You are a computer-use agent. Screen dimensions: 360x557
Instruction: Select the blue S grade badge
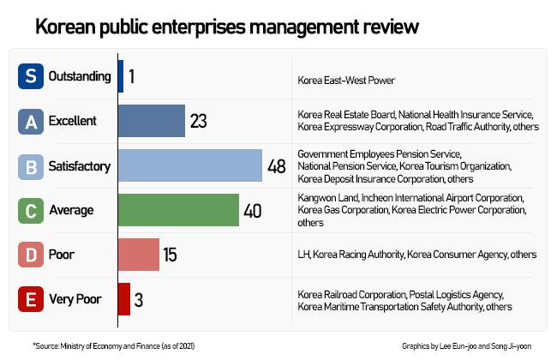(x=31, y=76)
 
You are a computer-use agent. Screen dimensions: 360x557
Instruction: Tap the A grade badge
(x=31, y=122)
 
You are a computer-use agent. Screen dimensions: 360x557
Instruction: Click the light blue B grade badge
(x=31, y=165)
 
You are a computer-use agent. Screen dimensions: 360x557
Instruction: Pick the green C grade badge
(x=31, y=210)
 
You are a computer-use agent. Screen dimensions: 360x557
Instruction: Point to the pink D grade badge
(x=31, y=255)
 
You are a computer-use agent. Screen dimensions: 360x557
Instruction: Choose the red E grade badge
(x=31, y=299)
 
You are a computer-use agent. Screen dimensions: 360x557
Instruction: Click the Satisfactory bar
(x=189, y=165)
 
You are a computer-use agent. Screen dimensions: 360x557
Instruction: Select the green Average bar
(x=178, y=210)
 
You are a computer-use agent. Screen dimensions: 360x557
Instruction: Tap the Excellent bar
(x=152, y=121)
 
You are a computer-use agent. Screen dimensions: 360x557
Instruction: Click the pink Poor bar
(x=139, y=255)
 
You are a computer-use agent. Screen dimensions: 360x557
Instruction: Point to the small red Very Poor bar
(x=123, y=299)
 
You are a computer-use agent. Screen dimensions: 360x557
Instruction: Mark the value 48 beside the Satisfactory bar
(x=277, y=166)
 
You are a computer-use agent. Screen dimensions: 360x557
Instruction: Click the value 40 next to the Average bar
(x=253, y=211)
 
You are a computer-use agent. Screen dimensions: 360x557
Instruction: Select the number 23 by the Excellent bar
(x=199, y=122)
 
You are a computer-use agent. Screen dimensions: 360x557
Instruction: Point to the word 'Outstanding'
(x=80, y=76)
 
